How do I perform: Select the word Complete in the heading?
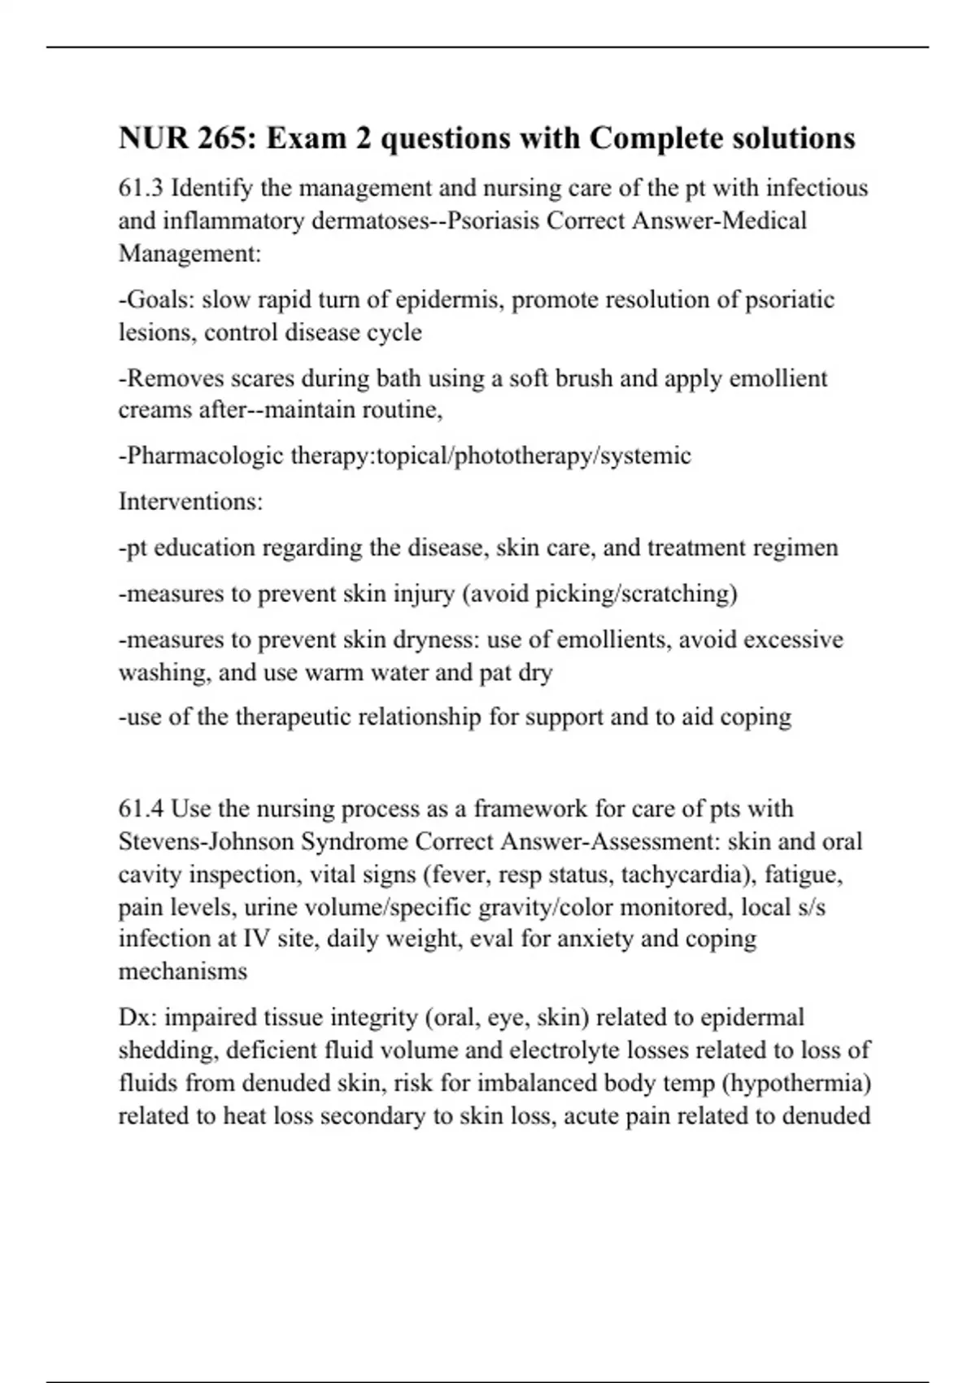(647, 138)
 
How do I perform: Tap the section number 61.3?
(142, 188)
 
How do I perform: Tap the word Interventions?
(190, 501)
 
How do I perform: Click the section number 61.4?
(142, 809)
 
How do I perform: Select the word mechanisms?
(183, 971)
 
